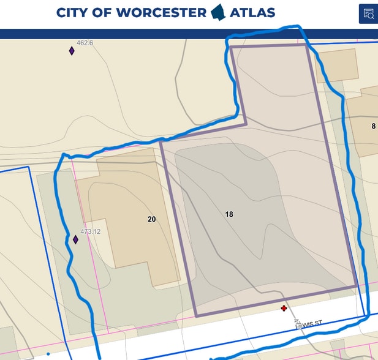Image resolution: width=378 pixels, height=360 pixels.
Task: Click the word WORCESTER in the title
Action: [x=161, y=12]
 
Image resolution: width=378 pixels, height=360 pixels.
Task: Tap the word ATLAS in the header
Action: [x=252, y=12]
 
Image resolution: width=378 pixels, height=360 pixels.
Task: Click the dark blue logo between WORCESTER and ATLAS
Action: [x=218, y=12]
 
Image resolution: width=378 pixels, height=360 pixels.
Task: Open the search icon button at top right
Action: [x=368, y=13]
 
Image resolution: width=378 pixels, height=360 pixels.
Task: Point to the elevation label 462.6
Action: [x=85, y=43]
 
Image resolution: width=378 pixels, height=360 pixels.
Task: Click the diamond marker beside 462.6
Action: [x=72, y=51]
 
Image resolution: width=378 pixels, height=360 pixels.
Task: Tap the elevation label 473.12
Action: [x=89, y=232]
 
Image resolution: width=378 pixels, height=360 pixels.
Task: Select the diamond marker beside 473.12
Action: [x=75, y=239]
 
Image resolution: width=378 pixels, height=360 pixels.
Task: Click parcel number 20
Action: [x=152, y=219]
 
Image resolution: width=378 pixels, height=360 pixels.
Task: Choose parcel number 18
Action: [x=229, y=214]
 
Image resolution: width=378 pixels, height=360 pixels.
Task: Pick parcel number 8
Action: [x=373, y=126]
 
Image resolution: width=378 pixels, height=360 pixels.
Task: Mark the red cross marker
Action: [x=284, y=309]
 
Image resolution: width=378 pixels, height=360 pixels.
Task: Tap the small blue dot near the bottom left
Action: [x=48, y=354]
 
